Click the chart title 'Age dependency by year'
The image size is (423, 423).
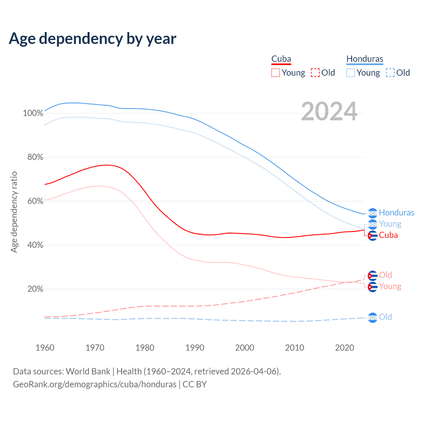coord(93,38)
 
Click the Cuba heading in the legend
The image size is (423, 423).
coord(281,59)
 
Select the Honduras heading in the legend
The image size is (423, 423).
coord(365,59)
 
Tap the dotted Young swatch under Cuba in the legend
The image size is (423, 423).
coord(276,73)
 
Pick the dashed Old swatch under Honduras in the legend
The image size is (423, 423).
coord(390,73)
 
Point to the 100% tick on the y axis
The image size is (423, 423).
coord(33,113)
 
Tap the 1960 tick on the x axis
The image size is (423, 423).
coord(45,348)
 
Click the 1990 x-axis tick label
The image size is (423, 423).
coord(195,348)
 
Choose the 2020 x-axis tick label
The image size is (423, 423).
coord(345,348)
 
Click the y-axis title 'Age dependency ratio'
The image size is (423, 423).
coord(14,212)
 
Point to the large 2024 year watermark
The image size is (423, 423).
coord(329,111)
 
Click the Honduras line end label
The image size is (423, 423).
coord(396,212)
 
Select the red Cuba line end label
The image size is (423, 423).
coord(388,235)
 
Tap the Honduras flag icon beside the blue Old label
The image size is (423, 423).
coord(372,317)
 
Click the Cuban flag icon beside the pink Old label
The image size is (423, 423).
coord(372,275)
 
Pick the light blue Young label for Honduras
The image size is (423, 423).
coord(390,224)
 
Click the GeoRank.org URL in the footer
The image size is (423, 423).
coord(95,384)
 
